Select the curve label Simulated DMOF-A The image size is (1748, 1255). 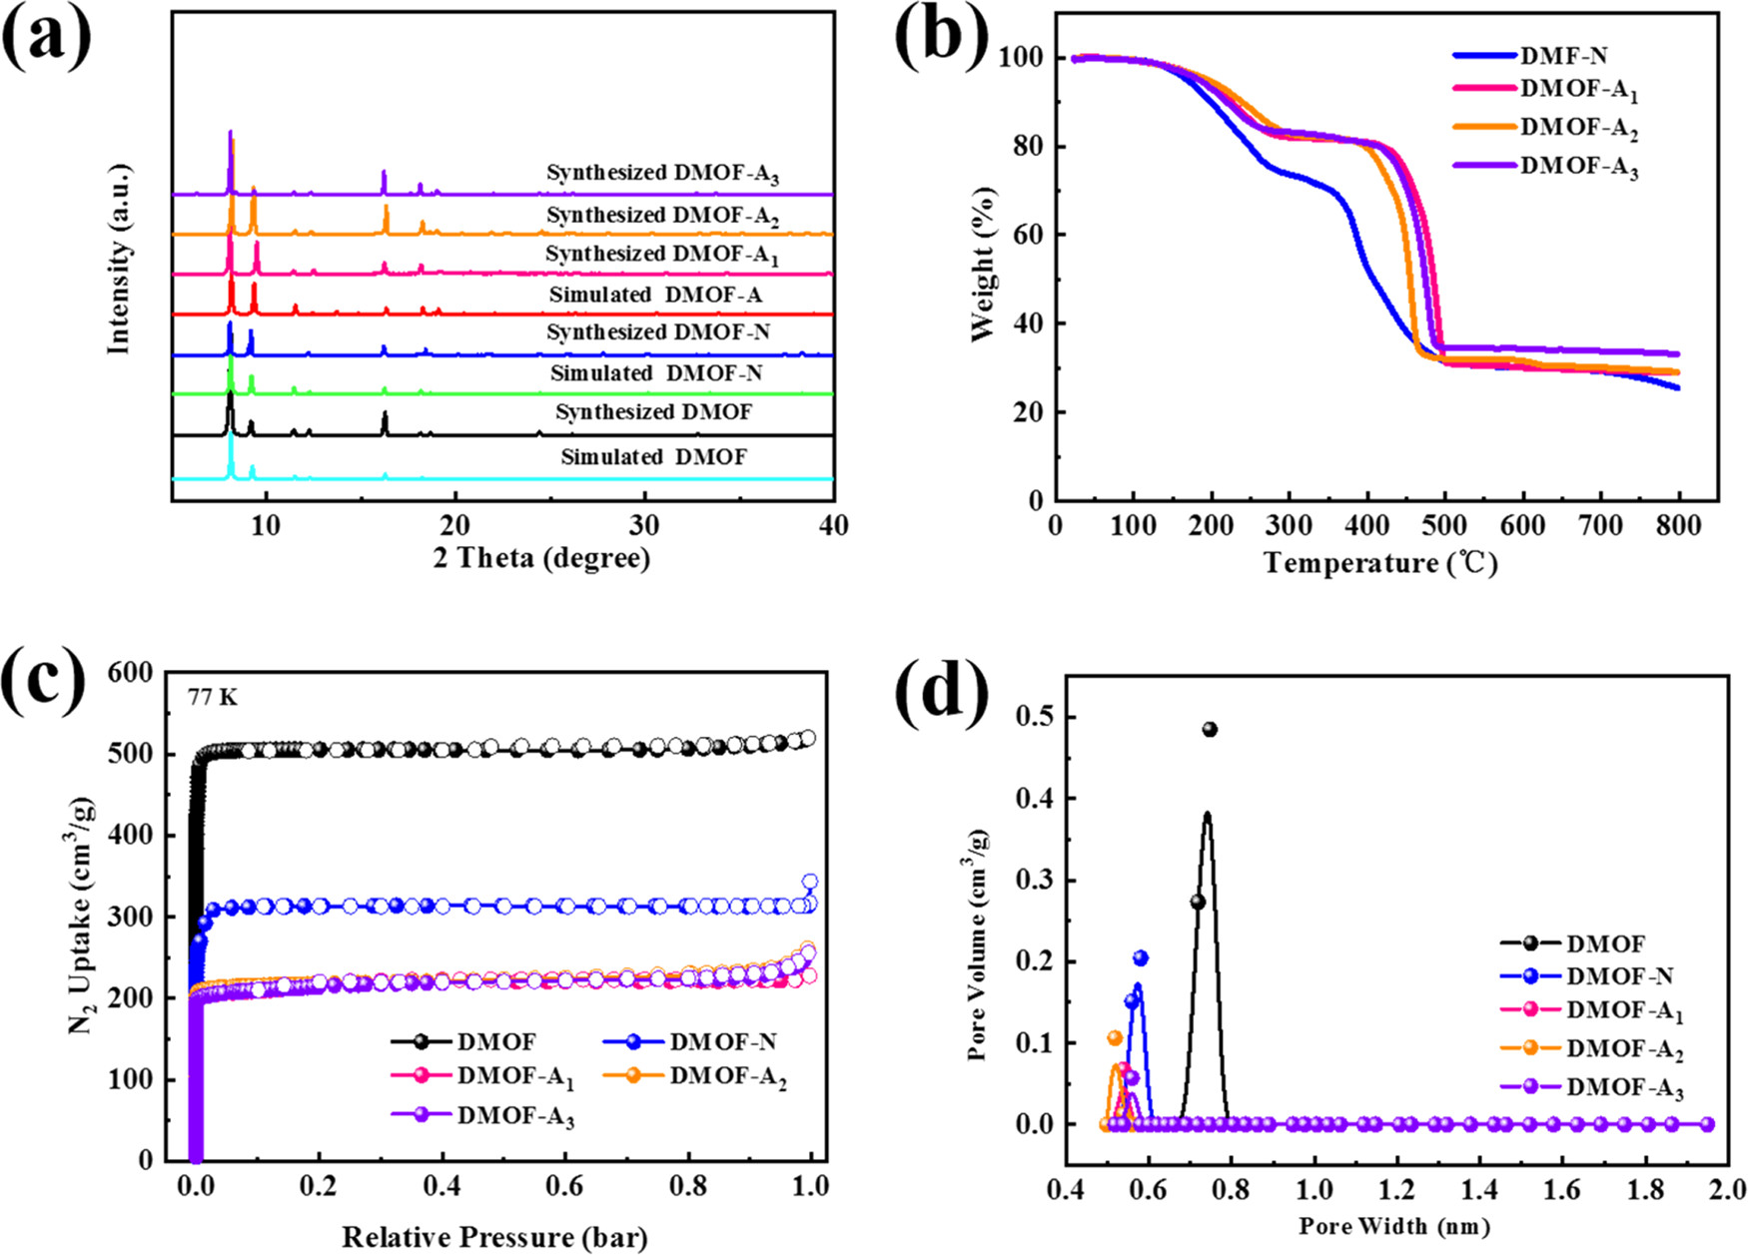(x=655, y=296)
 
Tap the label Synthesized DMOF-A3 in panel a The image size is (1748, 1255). (x=662, y=174)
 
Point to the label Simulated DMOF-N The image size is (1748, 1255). (x=656, y=373)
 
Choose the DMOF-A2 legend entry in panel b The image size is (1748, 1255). (x=1578, y=130)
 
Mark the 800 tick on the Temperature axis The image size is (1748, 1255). (x=1679, y=526)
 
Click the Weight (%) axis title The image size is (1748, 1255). (x=986, y=257)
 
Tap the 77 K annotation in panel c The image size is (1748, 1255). (x=213, y=697)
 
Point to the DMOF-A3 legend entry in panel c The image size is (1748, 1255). (x=515, y=1117)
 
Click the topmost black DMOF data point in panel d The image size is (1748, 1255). (x=1210, y=730)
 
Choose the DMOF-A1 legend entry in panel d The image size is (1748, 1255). (x=1624, y=1011)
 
